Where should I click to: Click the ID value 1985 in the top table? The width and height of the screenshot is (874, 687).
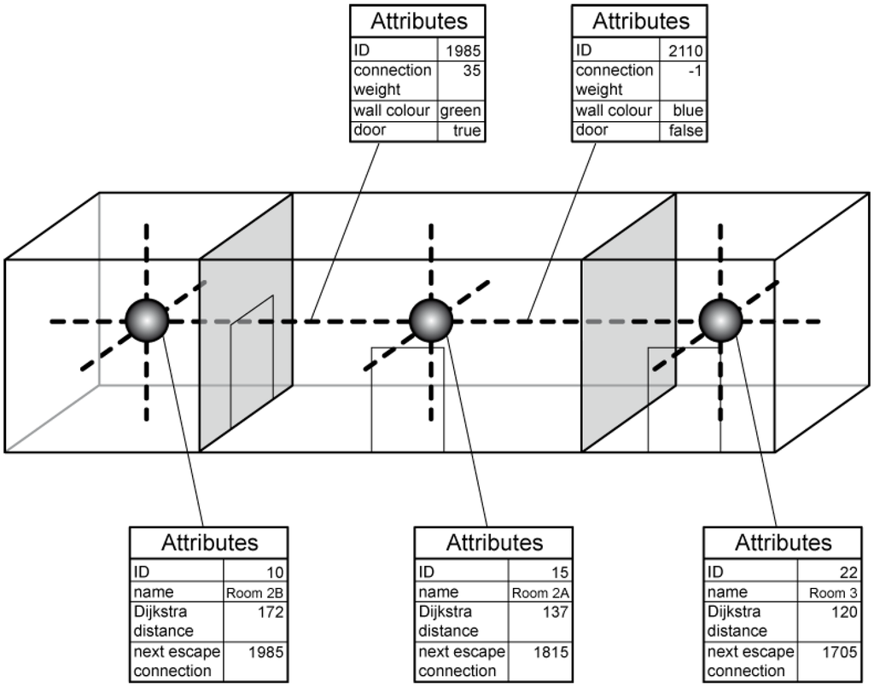click(x=463, y=50)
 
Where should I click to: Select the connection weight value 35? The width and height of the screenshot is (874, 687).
click(x=470, y=71)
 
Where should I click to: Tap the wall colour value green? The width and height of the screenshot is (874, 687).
click(x=461, y=111)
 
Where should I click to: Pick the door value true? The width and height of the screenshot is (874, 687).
click(x=467, y=131)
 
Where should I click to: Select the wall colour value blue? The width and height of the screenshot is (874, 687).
click(x=687, y=111)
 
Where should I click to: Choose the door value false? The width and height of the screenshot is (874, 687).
click(x=686, y=131)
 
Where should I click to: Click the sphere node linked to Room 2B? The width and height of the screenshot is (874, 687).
click(x=147, y=321)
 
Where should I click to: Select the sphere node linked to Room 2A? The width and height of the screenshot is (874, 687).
click(x=430, y=321)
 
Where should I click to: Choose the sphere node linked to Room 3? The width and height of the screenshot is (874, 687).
click(x=720, y=321)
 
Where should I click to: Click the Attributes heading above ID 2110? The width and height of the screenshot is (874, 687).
click(x=640, y=20)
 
